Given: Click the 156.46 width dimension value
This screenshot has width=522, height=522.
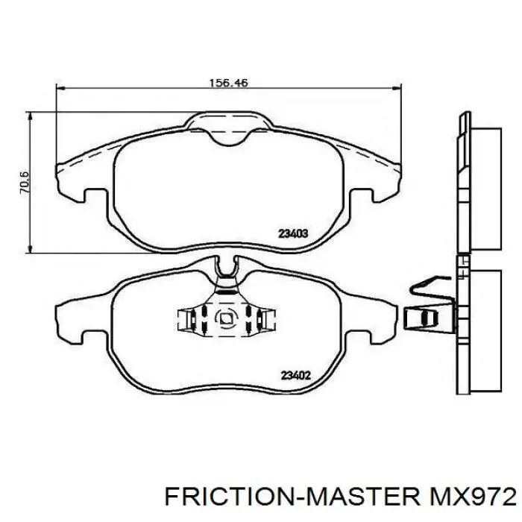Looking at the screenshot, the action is (228, 83).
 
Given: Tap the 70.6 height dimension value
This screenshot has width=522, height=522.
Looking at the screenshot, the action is (25, 183).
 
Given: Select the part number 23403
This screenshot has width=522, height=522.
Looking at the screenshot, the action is (293, 234).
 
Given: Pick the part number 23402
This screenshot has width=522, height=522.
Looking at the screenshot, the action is (295, 376).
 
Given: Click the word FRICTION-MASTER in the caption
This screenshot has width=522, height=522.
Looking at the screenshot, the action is (292, 497).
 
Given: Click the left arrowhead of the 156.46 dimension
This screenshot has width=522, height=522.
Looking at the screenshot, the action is (60, 88).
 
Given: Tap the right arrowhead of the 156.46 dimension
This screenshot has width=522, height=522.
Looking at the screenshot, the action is (397, 88).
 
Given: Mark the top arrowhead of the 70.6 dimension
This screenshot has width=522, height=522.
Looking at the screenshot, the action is (31, 116).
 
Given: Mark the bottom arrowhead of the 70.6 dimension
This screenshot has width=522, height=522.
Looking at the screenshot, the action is (31, 248).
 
